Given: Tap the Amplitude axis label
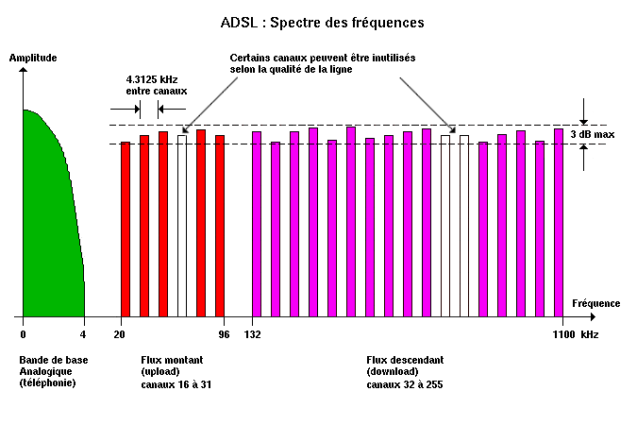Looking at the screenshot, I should [x=33, y=58].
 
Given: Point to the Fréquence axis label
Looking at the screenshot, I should [x=596, y=303].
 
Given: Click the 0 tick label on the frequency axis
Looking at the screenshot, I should [x=23, y=334].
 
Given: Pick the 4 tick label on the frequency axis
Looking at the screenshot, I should [x=84, y=334].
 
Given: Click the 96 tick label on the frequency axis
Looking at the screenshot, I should [x=224, y=334].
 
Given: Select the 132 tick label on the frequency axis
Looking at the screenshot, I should [x=253, y=334].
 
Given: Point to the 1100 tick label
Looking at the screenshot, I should [x=563, y=334].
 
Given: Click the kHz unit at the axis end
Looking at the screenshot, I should [x=589, y=334].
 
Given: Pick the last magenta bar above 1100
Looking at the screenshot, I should [x=559, y=223].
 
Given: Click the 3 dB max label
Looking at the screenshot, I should [x=593, y=135].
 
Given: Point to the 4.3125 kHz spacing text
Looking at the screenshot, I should [x=157, y=79].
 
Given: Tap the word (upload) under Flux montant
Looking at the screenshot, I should [x=161, y=372].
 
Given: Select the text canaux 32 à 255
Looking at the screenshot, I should [x=405, y=384].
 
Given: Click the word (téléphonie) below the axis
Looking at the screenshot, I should [x=47, y=383].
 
